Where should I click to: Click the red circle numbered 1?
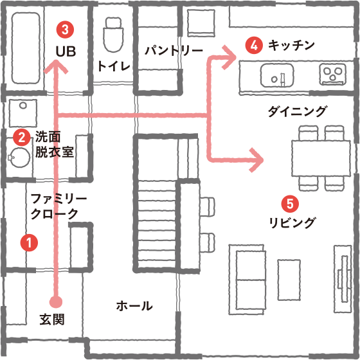pos(29,243)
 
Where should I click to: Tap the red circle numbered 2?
pos(22,138)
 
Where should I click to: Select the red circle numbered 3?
pos(65,30)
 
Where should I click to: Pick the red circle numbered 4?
pos(254,45)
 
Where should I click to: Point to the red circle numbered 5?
pos(290,204)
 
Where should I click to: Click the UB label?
pos(66,51)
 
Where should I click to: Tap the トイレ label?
pos(114,66)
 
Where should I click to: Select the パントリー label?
pos(174,51)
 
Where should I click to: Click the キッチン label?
pos(291,45)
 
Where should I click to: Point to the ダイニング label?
pos(297,111)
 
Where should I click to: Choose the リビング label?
pos(292,222)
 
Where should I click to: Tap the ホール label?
pos(134,305)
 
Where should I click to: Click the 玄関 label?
pos(52,319)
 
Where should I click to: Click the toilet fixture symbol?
pos(113,35)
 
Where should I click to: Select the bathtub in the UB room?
pos(26,48)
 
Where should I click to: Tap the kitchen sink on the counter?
pos(277,75)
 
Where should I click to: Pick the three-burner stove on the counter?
pos(333,73)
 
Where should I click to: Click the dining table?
pos(321,158)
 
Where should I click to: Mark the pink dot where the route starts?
pos(56,301)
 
